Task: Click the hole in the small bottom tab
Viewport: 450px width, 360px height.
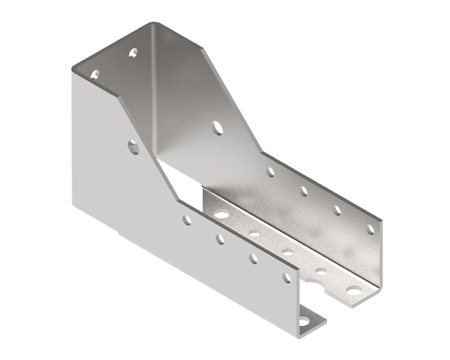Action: pyautogui.click(x=303, y=321)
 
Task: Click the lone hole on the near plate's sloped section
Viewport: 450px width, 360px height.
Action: pyautogui.click(x=133, y=147)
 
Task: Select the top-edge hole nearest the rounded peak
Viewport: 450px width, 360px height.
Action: pyautogui.click(x=132, y=53)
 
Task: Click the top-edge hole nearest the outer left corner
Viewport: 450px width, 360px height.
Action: pyautogui.click(x=95, y=75)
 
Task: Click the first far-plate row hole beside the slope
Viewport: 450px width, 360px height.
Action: pyautogui.click(x=270, y=172)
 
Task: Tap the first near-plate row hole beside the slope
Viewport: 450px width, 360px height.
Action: pyautogui.click(x=187, y=220)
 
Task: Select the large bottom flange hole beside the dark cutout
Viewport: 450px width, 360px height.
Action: pyautogui.click(x=221, y=214)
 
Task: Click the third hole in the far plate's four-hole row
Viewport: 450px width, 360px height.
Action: pyautogui.click(x=337, y=210)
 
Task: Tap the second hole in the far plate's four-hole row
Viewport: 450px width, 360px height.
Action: pyautogui.click(x=303, y=191)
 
